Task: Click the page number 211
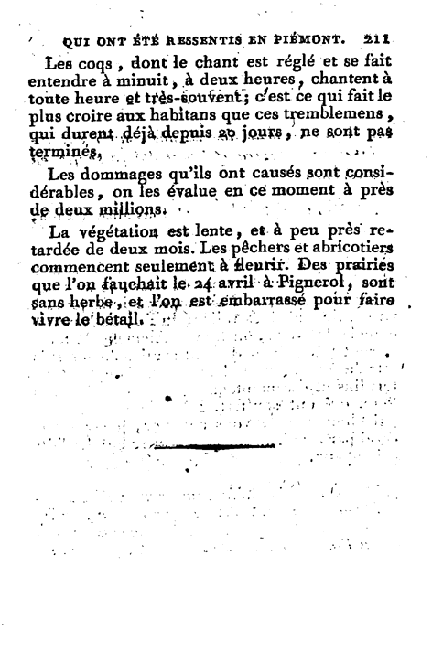point(377,40)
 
